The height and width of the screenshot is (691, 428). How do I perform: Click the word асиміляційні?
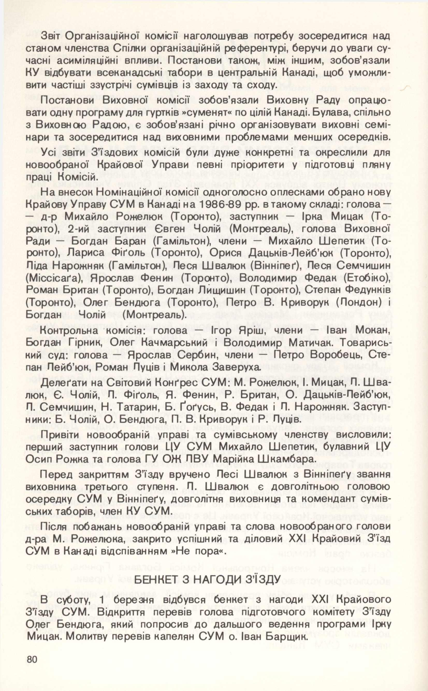95,61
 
